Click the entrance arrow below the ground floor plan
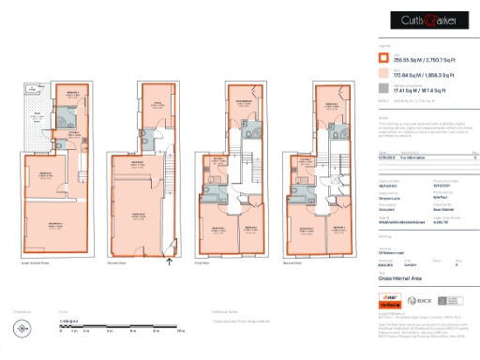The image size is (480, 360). (169, 262)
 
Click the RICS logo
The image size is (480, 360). (422, 304)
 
